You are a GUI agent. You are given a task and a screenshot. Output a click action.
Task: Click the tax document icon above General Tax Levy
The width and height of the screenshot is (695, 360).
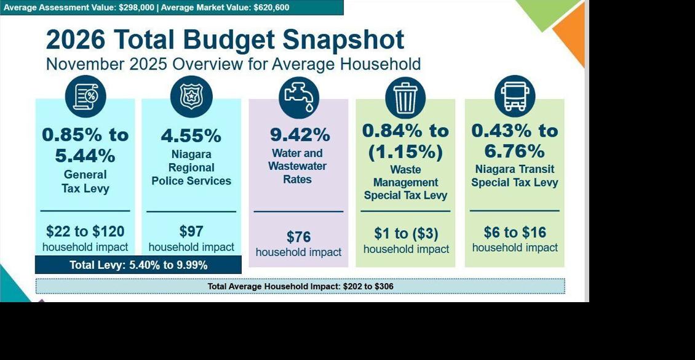point(85,97)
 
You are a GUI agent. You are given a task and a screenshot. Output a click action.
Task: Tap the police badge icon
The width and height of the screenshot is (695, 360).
point(191,97)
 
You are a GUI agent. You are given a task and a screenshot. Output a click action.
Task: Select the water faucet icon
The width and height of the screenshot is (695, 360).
point(299,97)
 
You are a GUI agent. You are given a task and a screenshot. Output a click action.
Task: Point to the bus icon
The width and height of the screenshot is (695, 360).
point(515,97)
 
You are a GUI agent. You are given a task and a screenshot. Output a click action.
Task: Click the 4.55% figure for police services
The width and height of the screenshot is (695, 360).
point(191,135)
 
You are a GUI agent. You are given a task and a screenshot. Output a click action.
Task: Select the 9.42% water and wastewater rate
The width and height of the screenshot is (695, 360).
point(300,135)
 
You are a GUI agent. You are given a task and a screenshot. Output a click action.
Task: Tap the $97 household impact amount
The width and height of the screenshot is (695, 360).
point(191,231)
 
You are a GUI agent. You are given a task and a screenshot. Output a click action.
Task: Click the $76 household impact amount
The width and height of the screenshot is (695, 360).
point(299,237)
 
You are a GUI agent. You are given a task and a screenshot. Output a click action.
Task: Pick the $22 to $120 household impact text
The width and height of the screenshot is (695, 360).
point(85,231)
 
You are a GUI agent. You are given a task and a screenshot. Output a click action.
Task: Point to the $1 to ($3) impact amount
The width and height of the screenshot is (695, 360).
point(406,234)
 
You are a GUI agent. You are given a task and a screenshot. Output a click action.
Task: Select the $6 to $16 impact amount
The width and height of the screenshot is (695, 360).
point(515,233)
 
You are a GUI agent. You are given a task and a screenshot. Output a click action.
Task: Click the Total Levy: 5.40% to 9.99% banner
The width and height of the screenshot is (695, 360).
point(138,265)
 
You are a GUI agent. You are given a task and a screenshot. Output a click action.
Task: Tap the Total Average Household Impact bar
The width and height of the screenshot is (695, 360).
point(300,286)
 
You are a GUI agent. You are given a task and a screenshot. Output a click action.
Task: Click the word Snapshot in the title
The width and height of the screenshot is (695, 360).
point(343,40)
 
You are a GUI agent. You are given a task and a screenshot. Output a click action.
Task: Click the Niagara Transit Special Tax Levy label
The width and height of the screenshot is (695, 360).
point(515,176)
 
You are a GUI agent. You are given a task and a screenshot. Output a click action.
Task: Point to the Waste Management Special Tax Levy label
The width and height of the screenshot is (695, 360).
point(405,183)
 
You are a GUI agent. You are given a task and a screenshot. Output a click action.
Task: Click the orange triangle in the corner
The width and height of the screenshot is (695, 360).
point(571,34)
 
